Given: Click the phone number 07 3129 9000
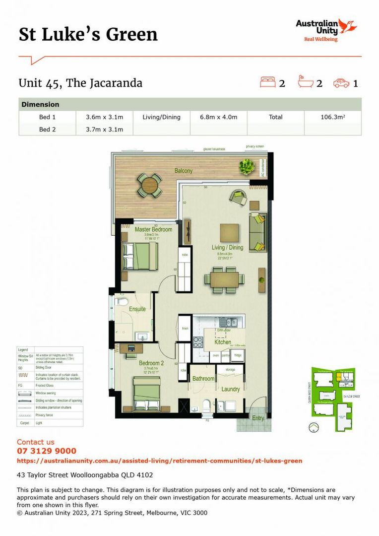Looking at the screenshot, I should tap(47, 451).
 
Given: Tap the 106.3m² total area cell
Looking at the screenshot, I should tap(332, 117).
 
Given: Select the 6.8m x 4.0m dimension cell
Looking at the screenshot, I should tap(218, 117).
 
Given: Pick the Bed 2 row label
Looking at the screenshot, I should tap(48, 130).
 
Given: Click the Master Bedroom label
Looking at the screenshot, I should tap(153, 230).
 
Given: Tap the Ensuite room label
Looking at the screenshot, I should tap(137, 309).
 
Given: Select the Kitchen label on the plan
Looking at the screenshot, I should tap(223, 342).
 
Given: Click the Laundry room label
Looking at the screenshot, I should tap(231, 390).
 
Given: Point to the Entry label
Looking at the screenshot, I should tap(258, 418).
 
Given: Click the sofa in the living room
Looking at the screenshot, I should tap(257, 232).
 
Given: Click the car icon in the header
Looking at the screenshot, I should tap(341, 83).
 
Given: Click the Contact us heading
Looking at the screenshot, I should tap(36, 442).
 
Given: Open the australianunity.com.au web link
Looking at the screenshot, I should tap(159, 461).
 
